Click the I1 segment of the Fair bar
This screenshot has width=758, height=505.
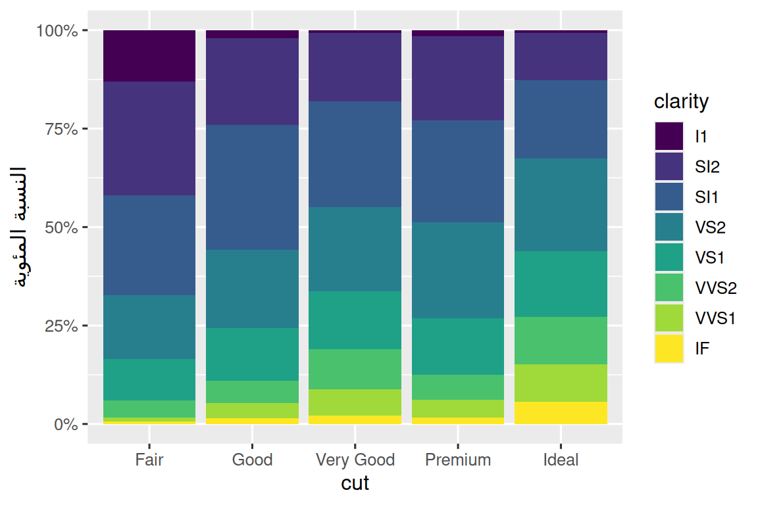point(149,56)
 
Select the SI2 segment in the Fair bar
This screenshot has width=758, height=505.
point(149,139)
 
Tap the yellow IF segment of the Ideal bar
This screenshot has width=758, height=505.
point(561,413)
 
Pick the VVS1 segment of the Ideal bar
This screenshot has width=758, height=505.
point(561,383)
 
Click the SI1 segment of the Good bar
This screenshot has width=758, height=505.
point(253,187)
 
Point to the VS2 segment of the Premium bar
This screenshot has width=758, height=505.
point(458,270)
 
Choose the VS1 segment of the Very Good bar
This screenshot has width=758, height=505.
point(355,320)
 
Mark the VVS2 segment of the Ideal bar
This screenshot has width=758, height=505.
point(561,341)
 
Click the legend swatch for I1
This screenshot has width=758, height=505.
point(669,136)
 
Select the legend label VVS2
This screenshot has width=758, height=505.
point(716,288)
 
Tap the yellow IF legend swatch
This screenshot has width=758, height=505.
point(669,349)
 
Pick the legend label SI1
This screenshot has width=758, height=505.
point(707,197)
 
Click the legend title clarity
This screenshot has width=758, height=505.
point(681,102)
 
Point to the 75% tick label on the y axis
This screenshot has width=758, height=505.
point(61,129)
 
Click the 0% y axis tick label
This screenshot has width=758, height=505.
point(66,424)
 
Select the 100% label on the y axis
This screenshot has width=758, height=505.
point(57,31)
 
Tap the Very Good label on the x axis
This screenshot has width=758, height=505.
point(355,460)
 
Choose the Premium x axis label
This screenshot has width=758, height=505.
point(458,460)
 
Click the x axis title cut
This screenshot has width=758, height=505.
point(355,483)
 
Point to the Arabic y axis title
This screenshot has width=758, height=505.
point(18,227)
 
